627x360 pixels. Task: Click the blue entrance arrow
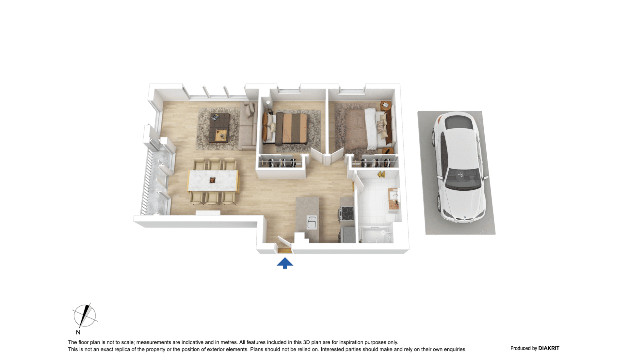pyautogui.click(x=285, y=263)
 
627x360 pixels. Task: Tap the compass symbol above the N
pyautogui.click(x=85, y=316)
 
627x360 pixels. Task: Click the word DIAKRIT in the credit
pyautogui.click(x=549, y=348)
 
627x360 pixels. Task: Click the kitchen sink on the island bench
pyautogui.click(x=312, y=222)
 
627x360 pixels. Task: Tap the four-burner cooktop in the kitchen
pyautogui.click(x=346, y=213)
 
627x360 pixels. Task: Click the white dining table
pyautogui.click(x=213, y=180)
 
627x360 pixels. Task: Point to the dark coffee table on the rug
pyautogui.click(x=219, y=128)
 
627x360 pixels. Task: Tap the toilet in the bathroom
pyautogui.click(x=392, y=217)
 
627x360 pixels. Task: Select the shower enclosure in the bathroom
pyautogui.click(x=376, y=235)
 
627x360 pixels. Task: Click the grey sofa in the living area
pyautogui.click(x=248, y=125)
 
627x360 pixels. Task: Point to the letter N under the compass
pyautogui.click(x=78, y=332)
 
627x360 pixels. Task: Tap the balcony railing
pyautogui.click(x=146, y=183)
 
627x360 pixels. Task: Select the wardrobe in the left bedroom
pyautogui.click(x=281, y=161)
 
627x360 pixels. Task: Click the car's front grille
pyautogui.click(x=464, y=219)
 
